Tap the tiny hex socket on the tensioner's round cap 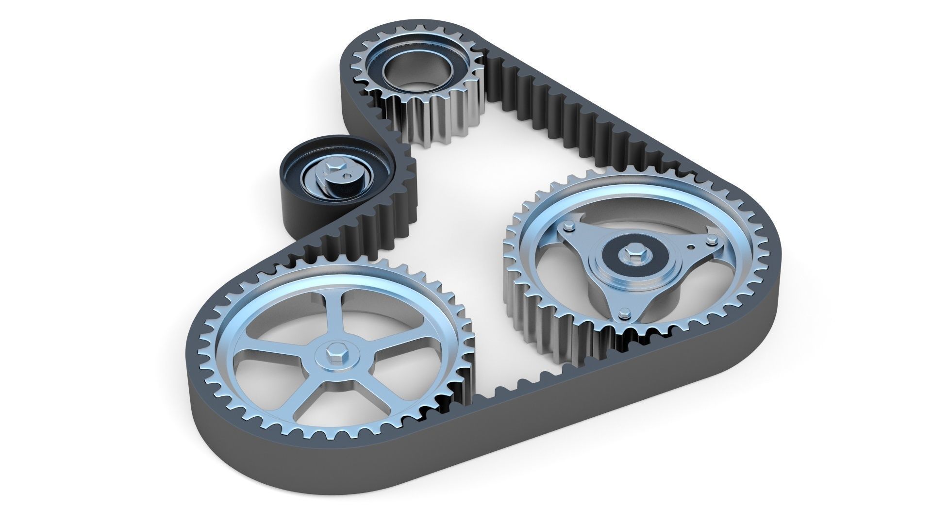point(346,173)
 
